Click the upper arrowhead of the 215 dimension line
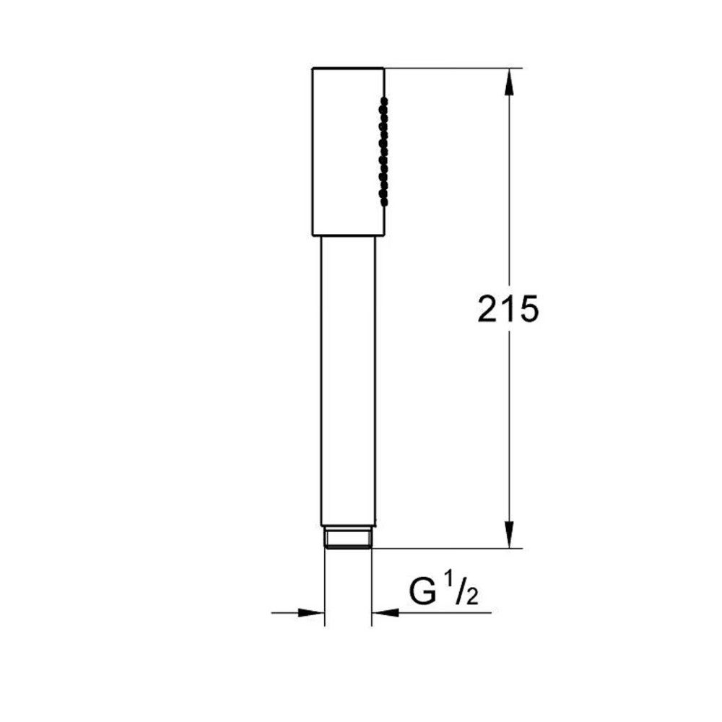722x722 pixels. pyautogui.click(x=509, y=82)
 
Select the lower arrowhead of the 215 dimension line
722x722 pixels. pyautogui.click(x=509, y=534)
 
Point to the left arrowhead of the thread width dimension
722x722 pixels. pyautogui.click(x=312, y=613)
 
